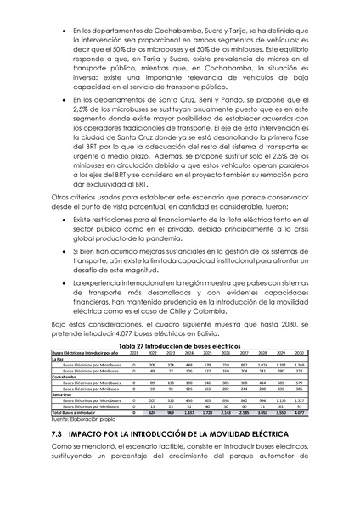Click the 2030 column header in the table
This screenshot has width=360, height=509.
(x=299, y=352)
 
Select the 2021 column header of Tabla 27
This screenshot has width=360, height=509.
(x=133, y=352)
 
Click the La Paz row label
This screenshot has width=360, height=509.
(x=59, y=358)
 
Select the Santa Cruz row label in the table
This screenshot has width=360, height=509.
(x=64, y=394)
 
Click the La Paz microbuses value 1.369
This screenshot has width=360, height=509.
(x=299, y=364)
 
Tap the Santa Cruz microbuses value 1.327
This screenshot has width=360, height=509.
(x=299, y=400)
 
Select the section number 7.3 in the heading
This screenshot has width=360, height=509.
(x=59, y=433)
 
